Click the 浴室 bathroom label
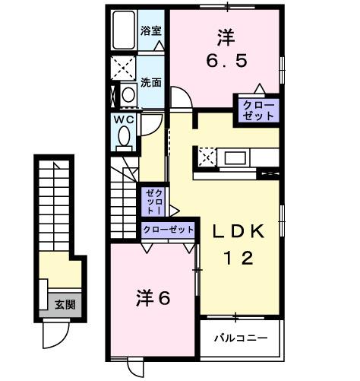(151, 31)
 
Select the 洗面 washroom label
(151, 82)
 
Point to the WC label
(124, 119)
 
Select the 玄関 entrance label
(64, 305)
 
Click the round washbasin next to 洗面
(128, 94)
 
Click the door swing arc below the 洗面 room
(181, 99)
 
